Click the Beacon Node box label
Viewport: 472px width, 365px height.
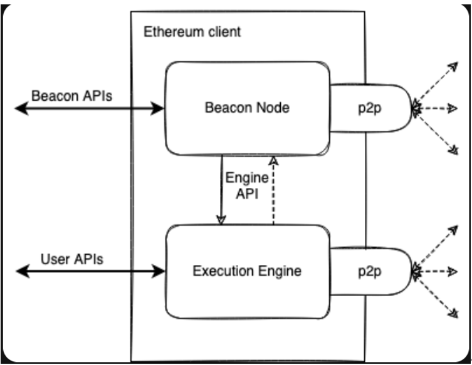[x=247, y=108]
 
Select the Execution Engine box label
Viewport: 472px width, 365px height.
[x=247, y=272]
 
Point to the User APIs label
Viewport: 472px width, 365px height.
[x=72, y=259]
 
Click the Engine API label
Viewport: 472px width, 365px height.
[x=246, y=185]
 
